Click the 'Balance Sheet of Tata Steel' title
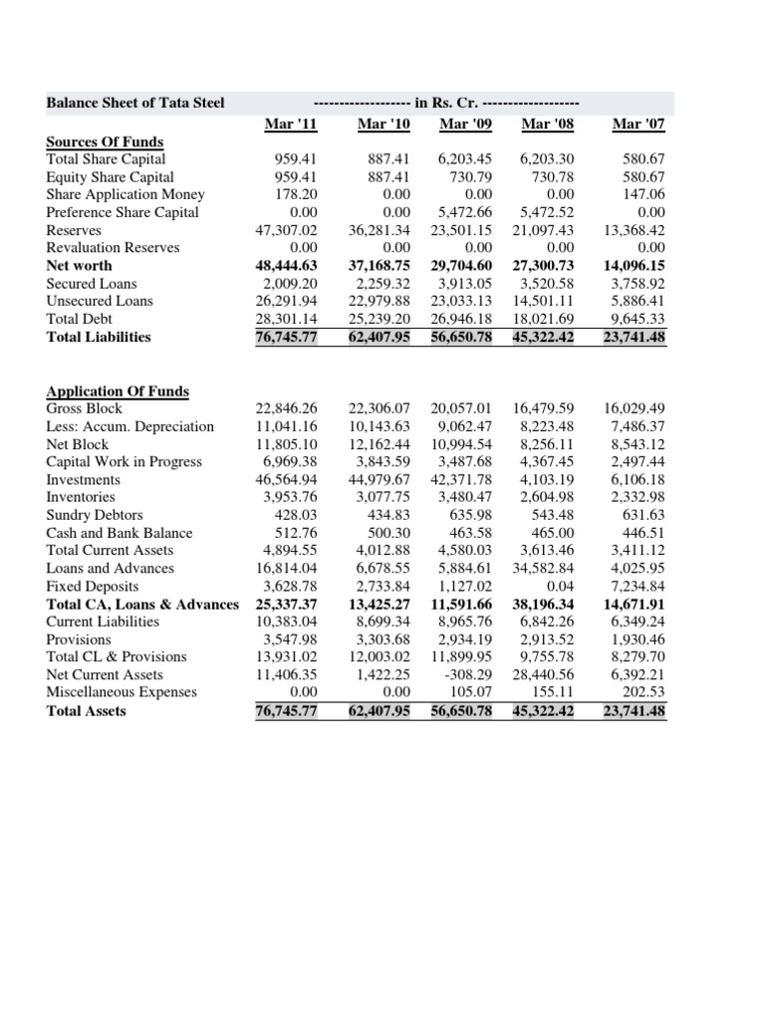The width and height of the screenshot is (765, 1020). (x=135, y=103)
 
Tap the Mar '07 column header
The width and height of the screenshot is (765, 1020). (x=638, y=124)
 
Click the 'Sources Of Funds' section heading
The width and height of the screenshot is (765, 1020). (x=105, y=141)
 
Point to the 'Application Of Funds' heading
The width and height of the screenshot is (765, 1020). (x=118, y=390)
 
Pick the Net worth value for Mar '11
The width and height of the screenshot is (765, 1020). (x=285, y=266)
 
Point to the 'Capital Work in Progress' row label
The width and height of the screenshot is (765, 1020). (x=124, y=461)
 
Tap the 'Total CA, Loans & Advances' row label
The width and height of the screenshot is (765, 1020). (x=142, y=604)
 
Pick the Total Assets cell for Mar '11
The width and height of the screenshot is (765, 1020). (x=285, y=710)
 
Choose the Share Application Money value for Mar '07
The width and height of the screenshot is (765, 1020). (x=643, y=194)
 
